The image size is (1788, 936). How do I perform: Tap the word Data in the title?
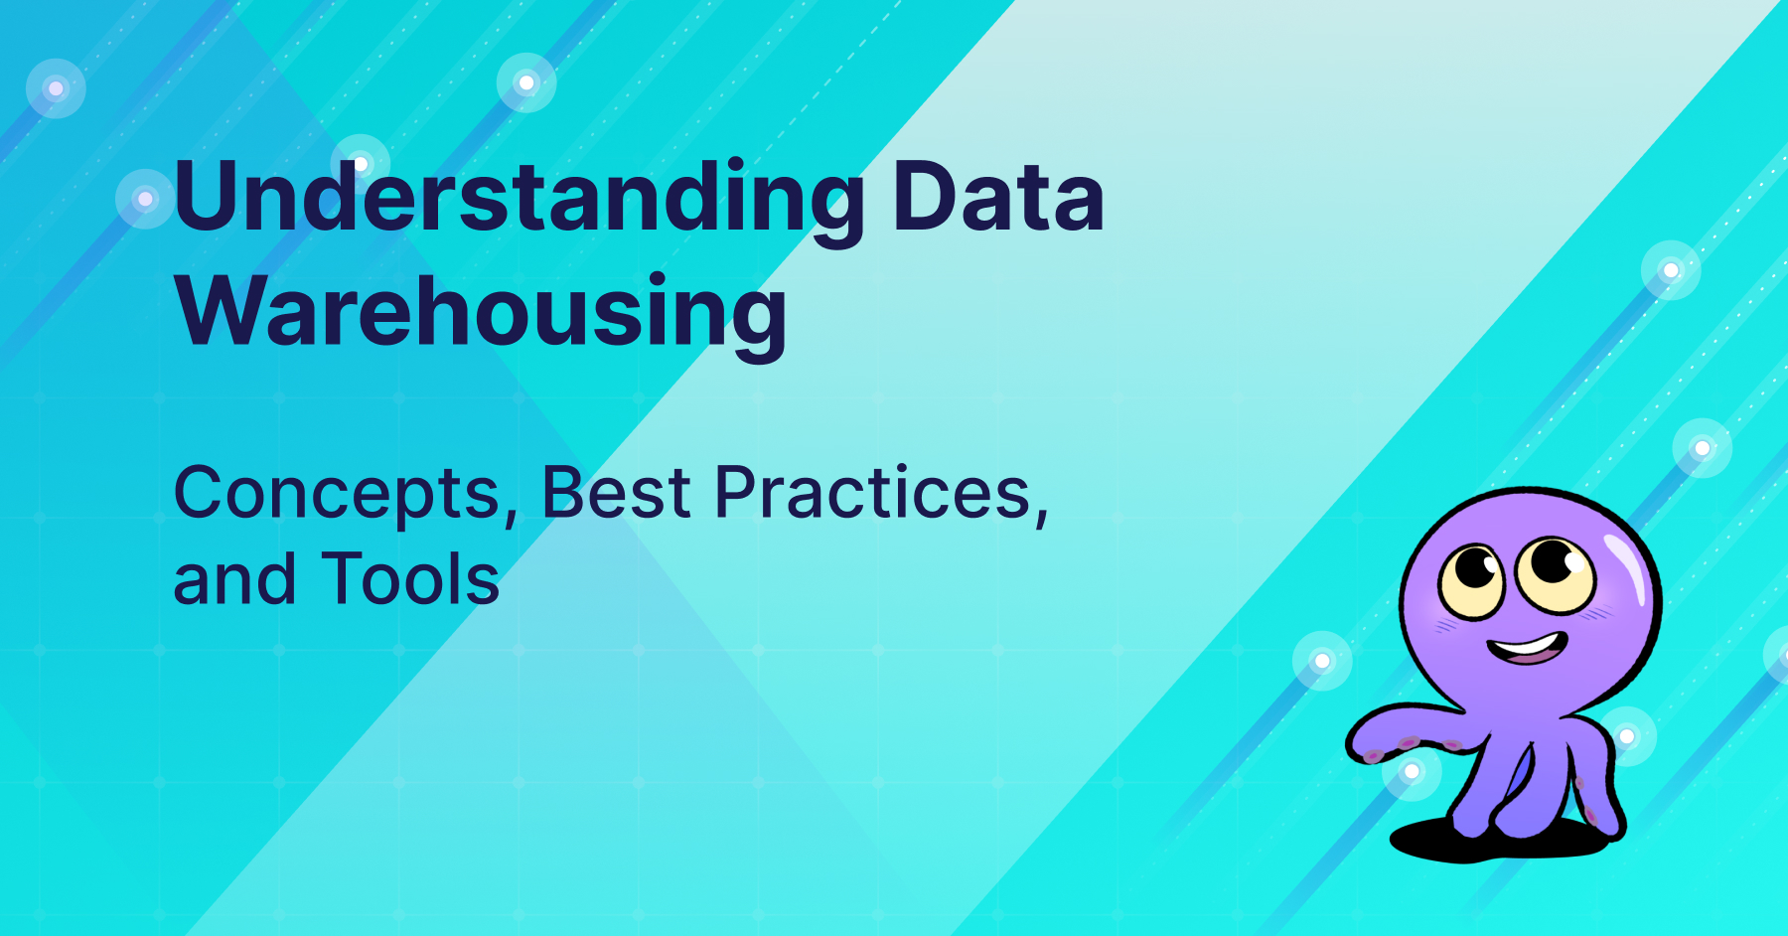(x=997, y=199)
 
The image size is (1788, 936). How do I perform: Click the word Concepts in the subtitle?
(x=338, y=494)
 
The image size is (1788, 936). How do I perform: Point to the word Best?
(x=616, y=494)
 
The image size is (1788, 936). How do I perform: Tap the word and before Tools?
(x=234, y=579)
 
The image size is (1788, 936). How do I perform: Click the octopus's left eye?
(x=1473, y=580)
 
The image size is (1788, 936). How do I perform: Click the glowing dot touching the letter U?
(x=145, y=199)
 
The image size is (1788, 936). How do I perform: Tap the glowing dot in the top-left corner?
(x=56, y=88)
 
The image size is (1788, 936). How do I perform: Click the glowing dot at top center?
(x=526, y=82)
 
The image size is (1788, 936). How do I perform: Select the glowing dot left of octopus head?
(x=1322, y=661)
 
